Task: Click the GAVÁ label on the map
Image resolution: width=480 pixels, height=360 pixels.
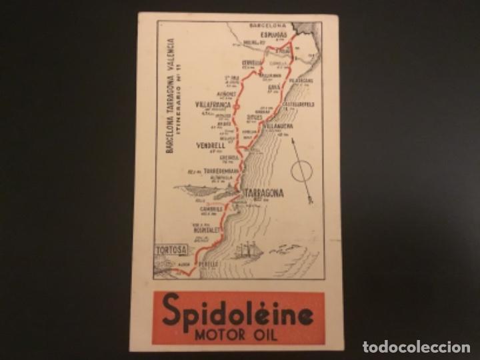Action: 273,87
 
